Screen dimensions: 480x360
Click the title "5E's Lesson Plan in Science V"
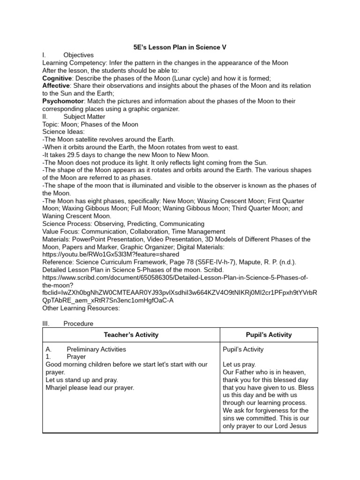coord(180,47)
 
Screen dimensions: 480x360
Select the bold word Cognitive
coord(57,78)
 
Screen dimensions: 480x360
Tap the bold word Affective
coord(56,86)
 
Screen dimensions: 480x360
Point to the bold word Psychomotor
coord(61,101)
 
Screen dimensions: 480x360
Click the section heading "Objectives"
coord(78,55)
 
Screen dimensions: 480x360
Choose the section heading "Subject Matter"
coord(84,117)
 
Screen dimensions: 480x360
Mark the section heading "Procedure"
coord(78,323)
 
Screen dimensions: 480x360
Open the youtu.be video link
coord(111,254)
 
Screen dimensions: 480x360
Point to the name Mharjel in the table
coord(58,388)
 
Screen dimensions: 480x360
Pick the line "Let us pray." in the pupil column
coord(239,364)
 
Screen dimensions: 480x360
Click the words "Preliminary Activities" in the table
coord(96,349)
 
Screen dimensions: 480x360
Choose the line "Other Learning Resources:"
coord(81,308)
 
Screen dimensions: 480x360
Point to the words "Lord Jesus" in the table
coord(292,426)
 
